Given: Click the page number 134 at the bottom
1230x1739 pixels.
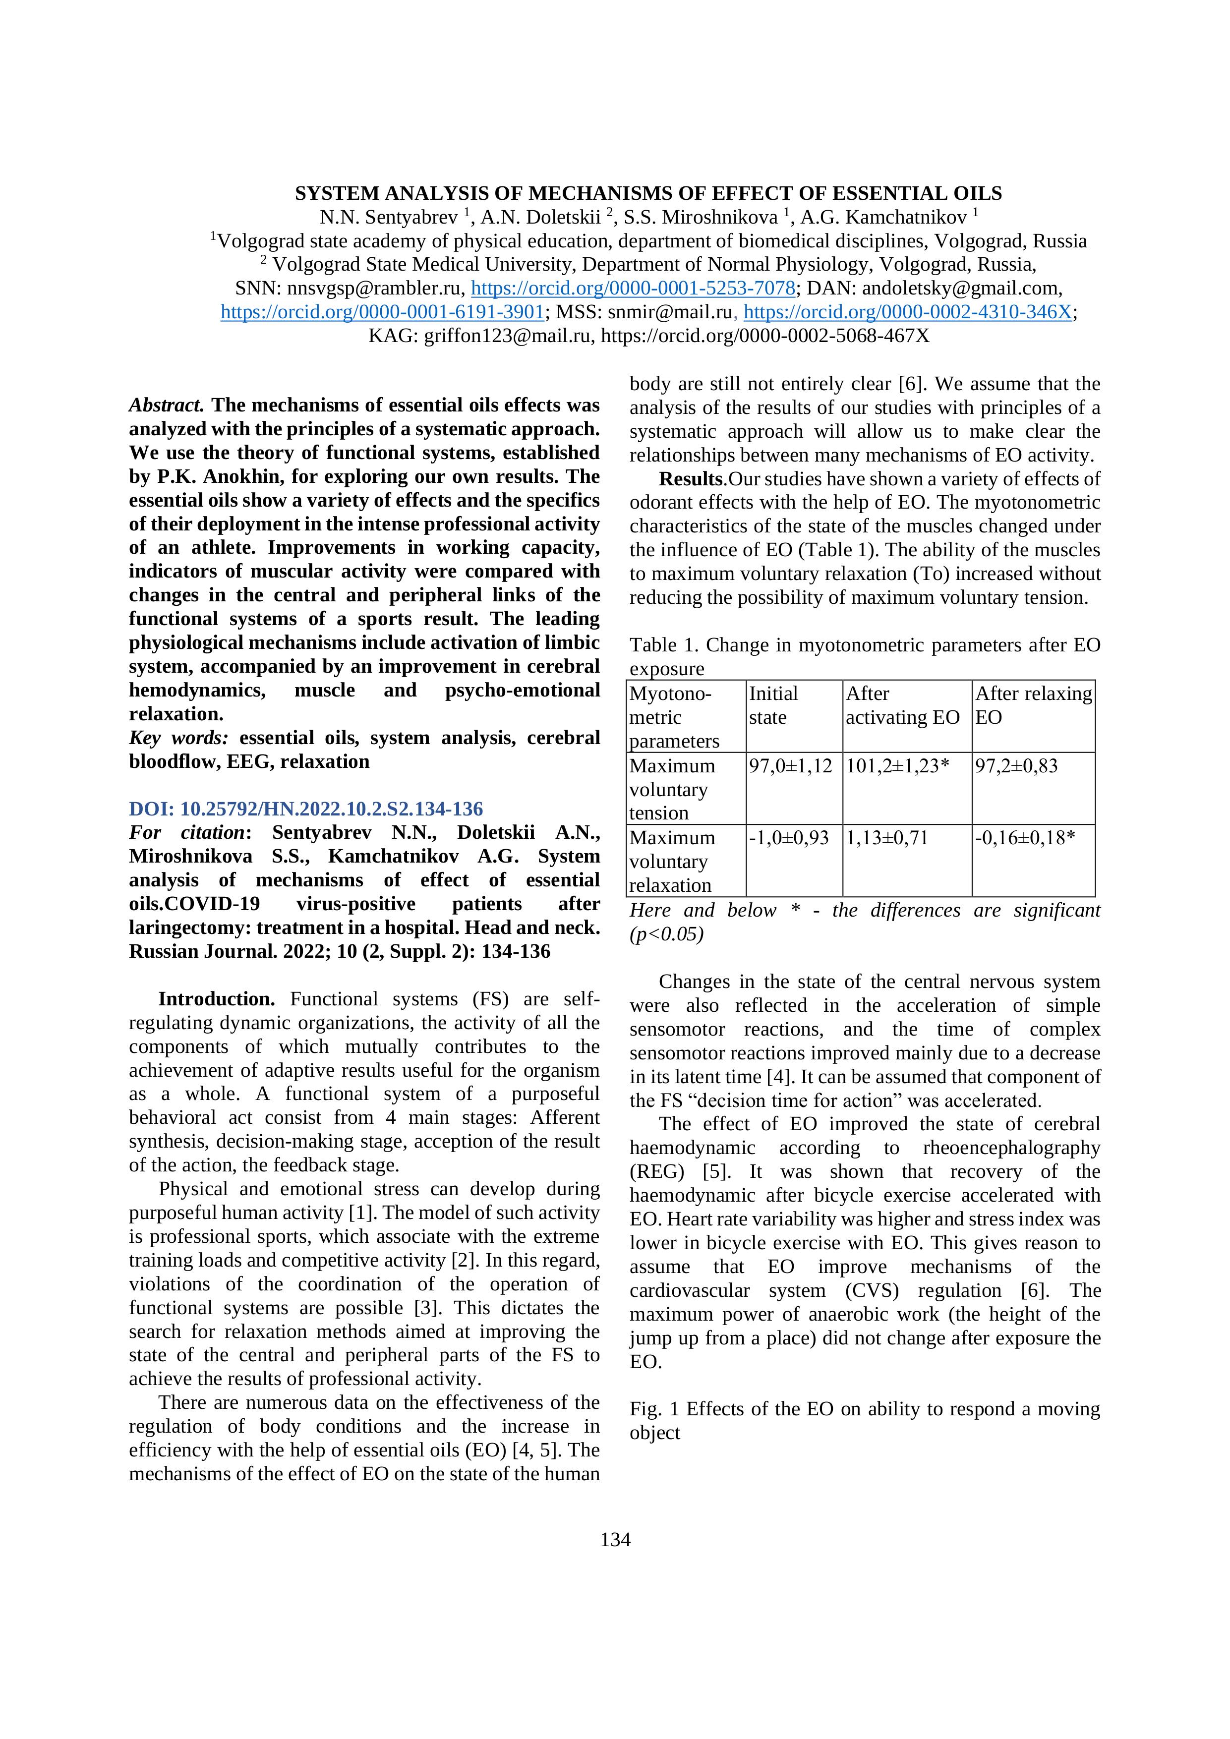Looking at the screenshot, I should pyautogui.click(x=615, y=1540).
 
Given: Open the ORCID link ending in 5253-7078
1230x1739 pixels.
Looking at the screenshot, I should pyautogui.click(x=633, y=289).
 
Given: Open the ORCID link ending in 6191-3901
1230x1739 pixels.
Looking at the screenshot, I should pyautogui.click(x=382, y=312).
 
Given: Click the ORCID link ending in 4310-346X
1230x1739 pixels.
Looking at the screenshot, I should pyautogui.click(x=908, y=312).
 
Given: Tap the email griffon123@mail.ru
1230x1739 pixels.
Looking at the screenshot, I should pyautogui.click(x=507, y=336).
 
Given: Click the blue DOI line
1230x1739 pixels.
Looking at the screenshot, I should pyautogui.click(x=306, y=809).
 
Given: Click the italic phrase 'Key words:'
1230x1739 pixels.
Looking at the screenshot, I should pyautogui.click(x=179, y=738).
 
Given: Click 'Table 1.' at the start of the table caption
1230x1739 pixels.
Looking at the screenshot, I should pyautogui.click(x=664, y=645).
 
